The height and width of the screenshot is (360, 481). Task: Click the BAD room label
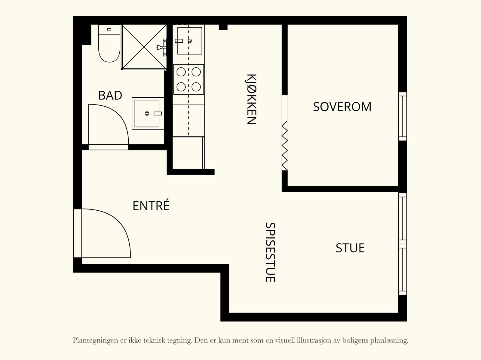coord(110,96)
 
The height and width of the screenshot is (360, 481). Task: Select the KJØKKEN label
coord(251,99)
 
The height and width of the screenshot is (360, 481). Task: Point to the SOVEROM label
coord(342,107)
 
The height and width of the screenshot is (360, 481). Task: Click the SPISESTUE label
coord(270,252)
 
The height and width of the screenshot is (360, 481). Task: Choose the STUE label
coord(350,248)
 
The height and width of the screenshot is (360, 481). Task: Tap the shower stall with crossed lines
coord(144,47)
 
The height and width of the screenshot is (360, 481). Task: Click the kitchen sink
coord(190,41)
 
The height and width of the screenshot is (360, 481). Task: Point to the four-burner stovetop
coord(189,79)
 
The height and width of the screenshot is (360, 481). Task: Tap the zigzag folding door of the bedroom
coord(285,146)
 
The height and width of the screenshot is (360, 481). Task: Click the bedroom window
coord(403,116)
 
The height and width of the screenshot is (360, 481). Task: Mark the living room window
coord(403,244)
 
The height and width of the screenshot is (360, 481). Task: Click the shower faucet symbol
coord(162,47)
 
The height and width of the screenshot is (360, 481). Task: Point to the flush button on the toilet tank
coord(109,29)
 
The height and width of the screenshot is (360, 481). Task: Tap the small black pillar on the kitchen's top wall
coord(223,27)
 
